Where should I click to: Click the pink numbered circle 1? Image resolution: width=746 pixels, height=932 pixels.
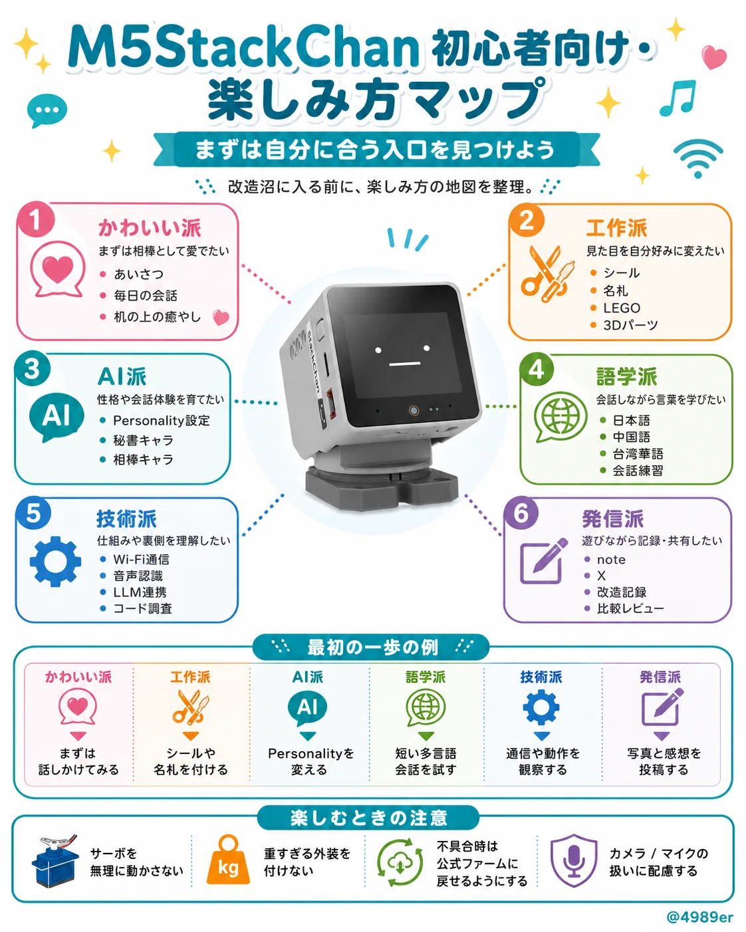(x=35, y=219)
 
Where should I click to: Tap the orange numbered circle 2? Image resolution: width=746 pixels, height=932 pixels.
(x=527, y=220)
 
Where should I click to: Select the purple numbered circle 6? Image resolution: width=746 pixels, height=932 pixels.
(x=521, y=513)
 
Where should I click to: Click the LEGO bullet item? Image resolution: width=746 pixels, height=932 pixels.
(x=621, y=308)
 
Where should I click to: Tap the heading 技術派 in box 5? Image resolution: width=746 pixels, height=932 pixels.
(x=126, y=519)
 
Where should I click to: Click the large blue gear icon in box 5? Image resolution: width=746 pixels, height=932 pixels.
(x=55, y=562)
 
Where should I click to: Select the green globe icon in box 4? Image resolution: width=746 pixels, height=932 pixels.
(x=560, y=416)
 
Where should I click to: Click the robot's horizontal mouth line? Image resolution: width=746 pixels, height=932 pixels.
(x=405, y=364)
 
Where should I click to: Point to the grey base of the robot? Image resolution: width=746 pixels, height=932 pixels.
(x=381, y=487)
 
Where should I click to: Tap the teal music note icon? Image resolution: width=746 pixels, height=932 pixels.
(x=678, y=99)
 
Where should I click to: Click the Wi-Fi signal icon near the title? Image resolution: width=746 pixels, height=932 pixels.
(x=698, y=158)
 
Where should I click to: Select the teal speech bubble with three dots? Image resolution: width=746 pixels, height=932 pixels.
(x=47, y=110)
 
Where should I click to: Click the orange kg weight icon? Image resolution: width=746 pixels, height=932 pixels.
(x=228, y=862)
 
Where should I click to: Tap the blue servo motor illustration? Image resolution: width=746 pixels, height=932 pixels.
(x=55, y=862)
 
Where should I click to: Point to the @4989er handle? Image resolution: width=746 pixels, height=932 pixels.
(x=700, y=917)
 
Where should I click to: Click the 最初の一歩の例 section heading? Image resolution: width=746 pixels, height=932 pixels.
(x=372, y=647)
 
